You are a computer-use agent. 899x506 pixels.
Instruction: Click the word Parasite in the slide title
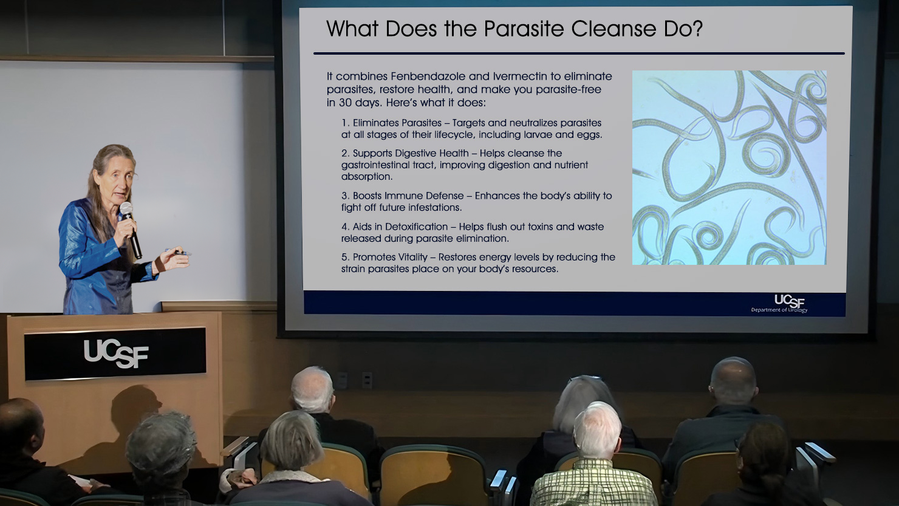[524, 29]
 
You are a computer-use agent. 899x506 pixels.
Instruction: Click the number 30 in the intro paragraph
[345, 103]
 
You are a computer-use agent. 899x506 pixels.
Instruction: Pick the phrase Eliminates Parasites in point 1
[397, 123]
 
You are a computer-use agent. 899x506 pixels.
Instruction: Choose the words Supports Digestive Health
[411, 153]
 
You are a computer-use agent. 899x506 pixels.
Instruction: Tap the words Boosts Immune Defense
[408, 196]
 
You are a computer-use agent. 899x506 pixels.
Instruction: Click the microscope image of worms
[730, 168]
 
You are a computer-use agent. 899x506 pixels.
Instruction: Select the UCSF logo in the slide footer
[779, 303]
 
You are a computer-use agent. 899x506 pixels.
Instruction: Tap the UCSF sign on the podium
[115, 354]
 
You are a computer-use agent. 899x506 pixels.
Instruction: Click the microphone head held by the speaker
[126, 209]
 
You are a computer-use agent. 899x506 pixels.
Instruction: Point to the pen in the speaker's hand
[178, 252]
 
